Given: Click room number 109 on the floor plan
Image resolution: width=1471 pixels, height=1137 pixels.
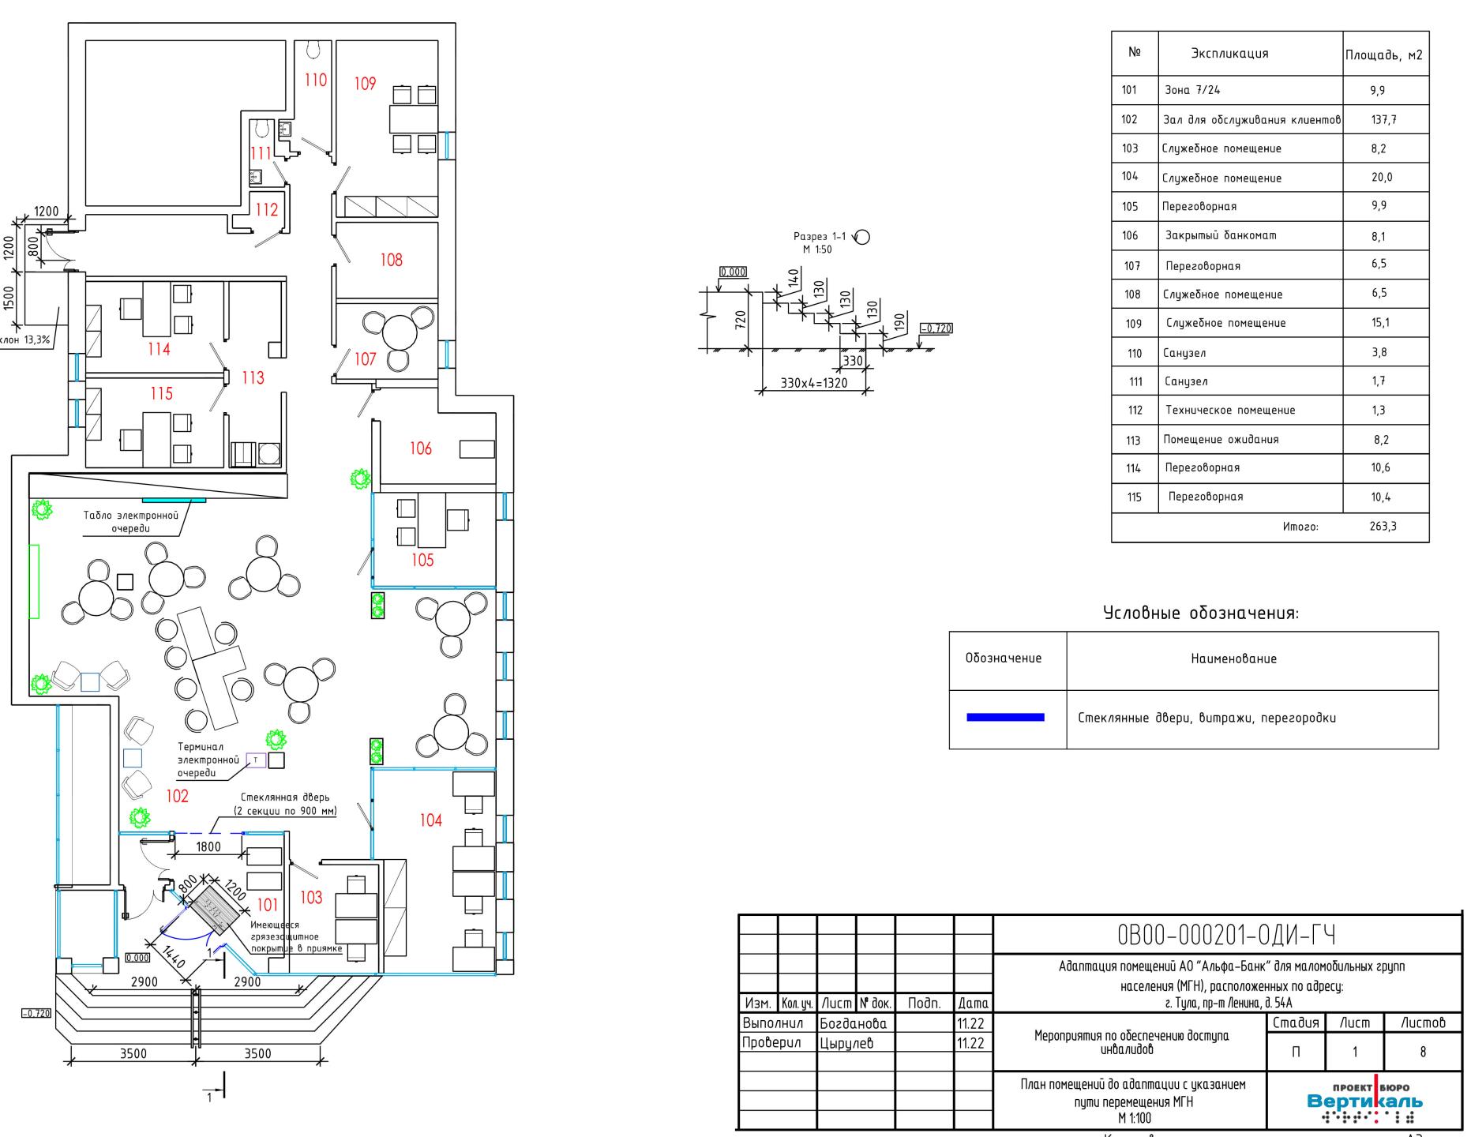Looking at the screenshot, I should point(365,83).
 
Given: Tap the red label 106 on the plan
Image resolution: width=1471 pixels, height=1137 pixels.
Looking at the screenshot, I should point(421,448).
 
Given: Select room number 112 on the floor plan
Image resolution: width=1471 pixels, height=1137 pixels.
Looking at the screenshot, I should point(267,209).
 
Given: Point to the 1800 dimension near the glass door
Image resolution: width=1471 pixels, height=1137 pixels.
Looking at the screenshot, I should point(208,846).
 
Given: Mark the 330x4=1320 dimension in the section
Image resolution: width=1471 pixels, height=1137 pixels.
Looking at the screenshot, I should point(813,383).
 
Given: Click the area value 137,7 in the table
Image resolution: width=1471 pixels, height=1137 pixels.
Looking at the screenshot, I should point(1385,120).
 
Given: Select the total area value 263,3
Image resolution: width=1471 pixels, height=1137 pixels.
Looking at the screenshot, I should point(1383,526).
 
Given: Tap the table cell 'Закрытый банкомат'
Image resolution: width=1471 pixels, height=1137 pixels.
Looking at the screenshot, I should point(1221,235).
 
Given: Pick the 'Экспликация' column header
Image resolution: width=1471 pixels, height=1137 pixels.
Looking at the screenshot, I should point(1229,54).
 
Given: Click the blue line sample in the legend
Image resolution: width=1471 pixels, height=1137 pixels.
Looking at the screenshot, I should point(1005,717).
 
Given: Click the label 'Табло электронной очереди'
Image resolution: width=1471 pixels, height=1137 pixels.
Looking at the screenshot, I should point(130,521).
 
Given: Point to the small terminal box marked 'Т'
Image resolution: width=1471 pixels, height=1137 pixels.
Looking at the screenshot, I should point(255,760).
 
